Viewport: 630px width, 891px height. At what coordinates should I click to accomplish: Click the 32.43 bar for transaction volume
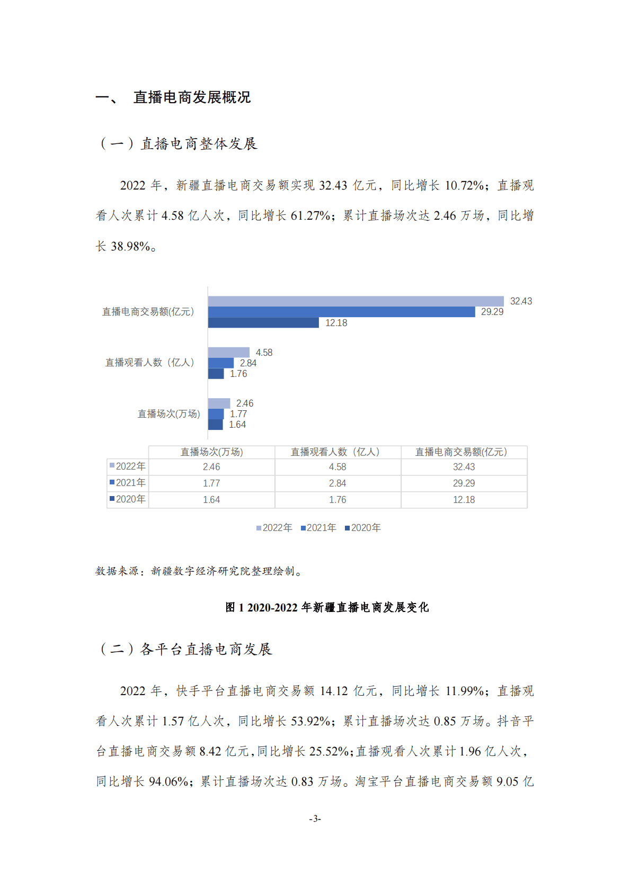click(356, 301)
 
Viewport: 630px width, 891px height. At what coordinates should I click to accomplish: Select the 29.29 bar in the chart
click(341, 312)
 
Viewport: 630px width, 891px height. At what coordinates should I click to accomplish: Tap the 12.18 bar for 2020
click(263, 323)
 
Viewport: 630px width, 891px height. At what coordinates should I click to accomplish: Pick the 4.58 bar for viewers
click(228, 353)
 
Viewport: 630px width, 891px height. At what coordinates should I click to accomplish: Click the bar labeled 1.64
click(215, 425)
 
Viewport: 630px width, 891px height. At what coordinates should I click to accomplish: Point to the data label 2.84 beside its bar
click(248, 363)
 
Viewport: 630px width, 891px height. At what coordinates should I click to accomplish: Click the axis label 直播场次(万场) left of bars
click(168, 414)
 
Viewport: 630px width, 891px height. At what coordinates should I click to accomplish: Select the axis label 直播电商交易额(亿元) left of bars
click(148, 312)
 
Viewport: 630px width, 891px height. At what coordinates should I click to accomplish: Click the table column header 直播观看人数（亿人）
click(338, 452)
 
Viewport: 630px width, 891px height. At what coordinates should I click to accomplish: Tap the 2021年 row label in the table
click(128, 483)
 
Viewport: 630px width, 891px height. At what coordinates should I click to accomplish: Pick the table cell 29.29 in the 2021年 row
click(464, 483)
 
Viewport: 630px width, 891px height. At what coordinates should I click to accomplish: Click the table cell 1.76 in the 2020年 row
click(338, 500)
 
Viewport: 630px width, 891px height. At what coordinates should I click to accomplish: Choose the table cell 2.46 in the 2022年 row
click(211, 467)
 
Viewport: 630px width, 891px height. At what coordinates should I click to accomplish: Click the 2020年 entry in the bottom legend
click(363, 528)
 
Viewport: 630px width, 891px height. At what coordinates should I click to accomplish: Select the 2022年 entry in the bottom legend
click(274, 528)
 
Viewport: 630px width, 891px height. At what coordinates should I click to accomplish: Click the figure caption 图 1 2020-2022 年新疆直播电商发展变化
click(327, 607)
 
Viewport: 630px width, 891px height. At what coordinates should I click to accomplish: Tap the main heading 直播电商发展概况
click(192, 97)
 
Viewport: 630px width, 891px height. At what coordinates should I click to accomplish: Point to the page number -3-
click(315, 818)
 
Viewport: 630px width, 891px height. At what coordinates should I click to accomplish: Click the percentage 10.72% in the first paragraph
click(464, 185)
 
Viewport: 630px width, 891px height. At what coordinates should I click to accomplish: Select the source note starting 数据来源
click(199, 571)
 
